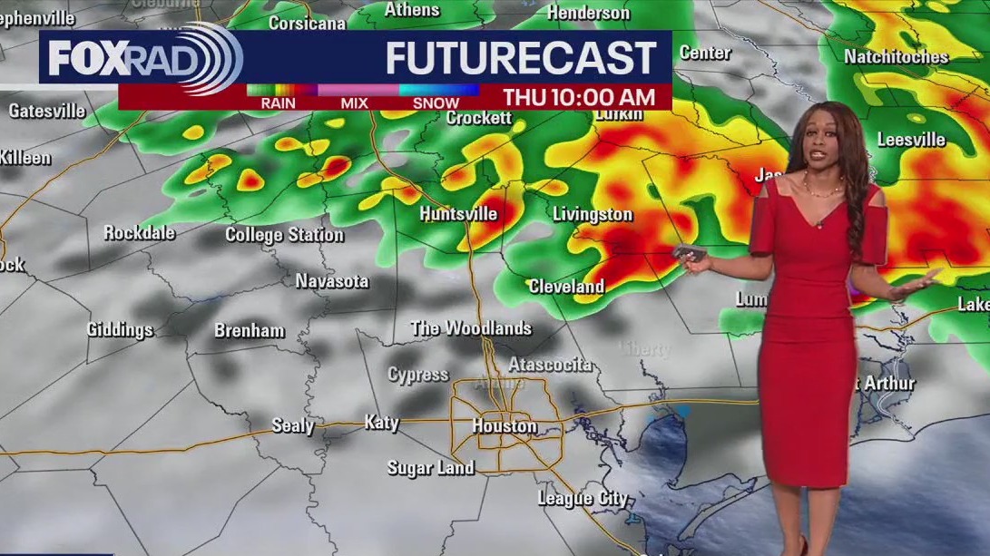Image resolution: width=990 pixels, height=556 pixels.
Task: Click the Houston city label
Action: point(504,425)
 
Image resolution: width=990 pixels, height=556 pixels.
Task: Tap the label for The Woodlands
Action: point(471,328)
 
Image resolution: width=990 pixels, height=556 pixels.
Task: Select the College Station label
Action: point(284,235)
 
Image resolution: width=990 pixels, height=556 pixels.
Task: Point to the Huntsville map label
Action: point(458,214)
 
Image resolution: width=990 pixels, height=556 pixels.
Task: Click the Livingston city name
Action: point(593,215)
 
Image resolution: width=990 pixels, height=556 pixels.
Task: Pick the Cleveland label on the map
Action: point(566,287)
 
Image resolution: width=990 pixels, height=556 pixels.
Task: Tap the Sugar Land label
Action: point(430,468)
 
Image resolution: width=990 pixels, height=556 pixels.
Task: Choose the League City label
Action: point(582,498)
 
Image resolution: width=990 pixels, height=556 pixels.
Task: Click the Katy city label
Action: point(381,423)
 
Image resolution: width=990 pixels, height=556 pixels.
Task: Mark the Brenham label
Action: point(250,331)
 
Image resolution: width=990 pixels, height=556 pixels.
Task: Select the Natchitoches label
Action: point(896,57)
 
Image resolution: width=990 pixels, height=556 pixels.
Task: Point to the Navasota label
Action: point(332,281)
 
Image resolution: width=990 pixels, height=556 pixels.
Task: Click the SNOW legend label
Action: point(436,103)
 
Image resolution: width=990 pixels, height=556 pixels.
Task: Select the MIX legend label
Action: point(354,103)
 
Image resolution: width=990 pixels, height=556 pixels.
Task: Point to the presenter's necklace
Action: point(822,190)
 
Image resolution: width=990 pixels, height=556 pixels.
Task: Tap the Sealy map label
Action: point(293,425)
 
